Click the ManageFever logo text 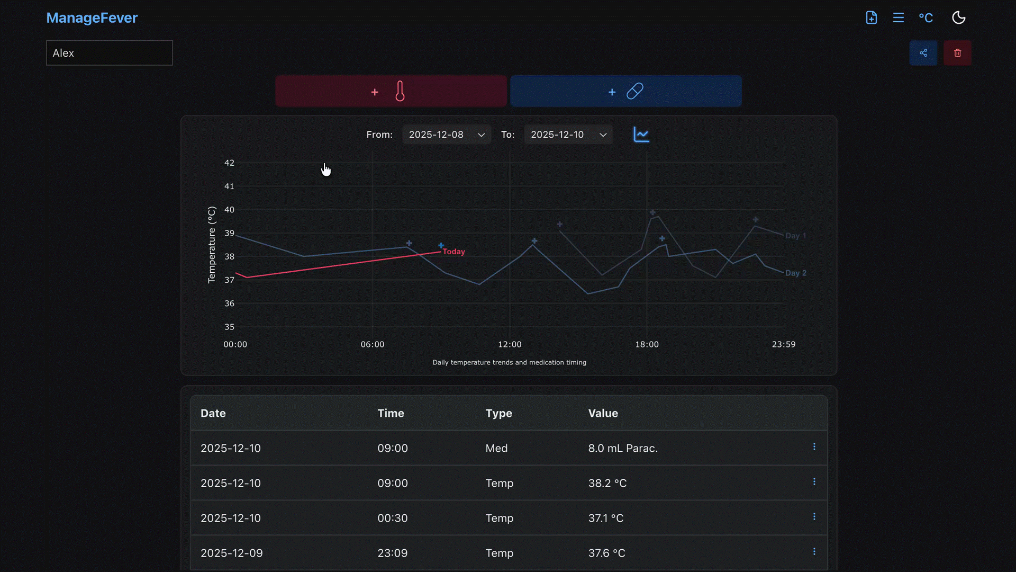pos(92,18)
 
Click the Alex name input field pos(109,53)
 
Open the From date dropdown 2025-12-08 pos(446,135)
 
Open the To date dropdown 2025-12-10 pos(568,135)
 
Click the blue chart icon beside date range pos(641,135)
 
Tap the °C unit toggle pos(926,18)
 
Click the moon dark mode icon pos(958,18)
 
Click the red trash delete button pos(957,53)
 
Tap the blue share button pos(923,53)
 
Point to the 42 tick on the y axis pos(229,163)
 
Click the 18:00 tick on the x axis pos(647,344)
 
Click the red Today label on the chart pos(453,252)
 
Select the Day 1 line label pos(795,236)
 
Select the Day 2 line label pos(795,273)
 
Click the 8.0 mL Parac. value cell pos(623,448)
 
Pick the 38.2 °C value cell pos(607,483)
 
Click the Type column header pos(498,413)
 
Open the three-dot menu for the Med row pos(814,447)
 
